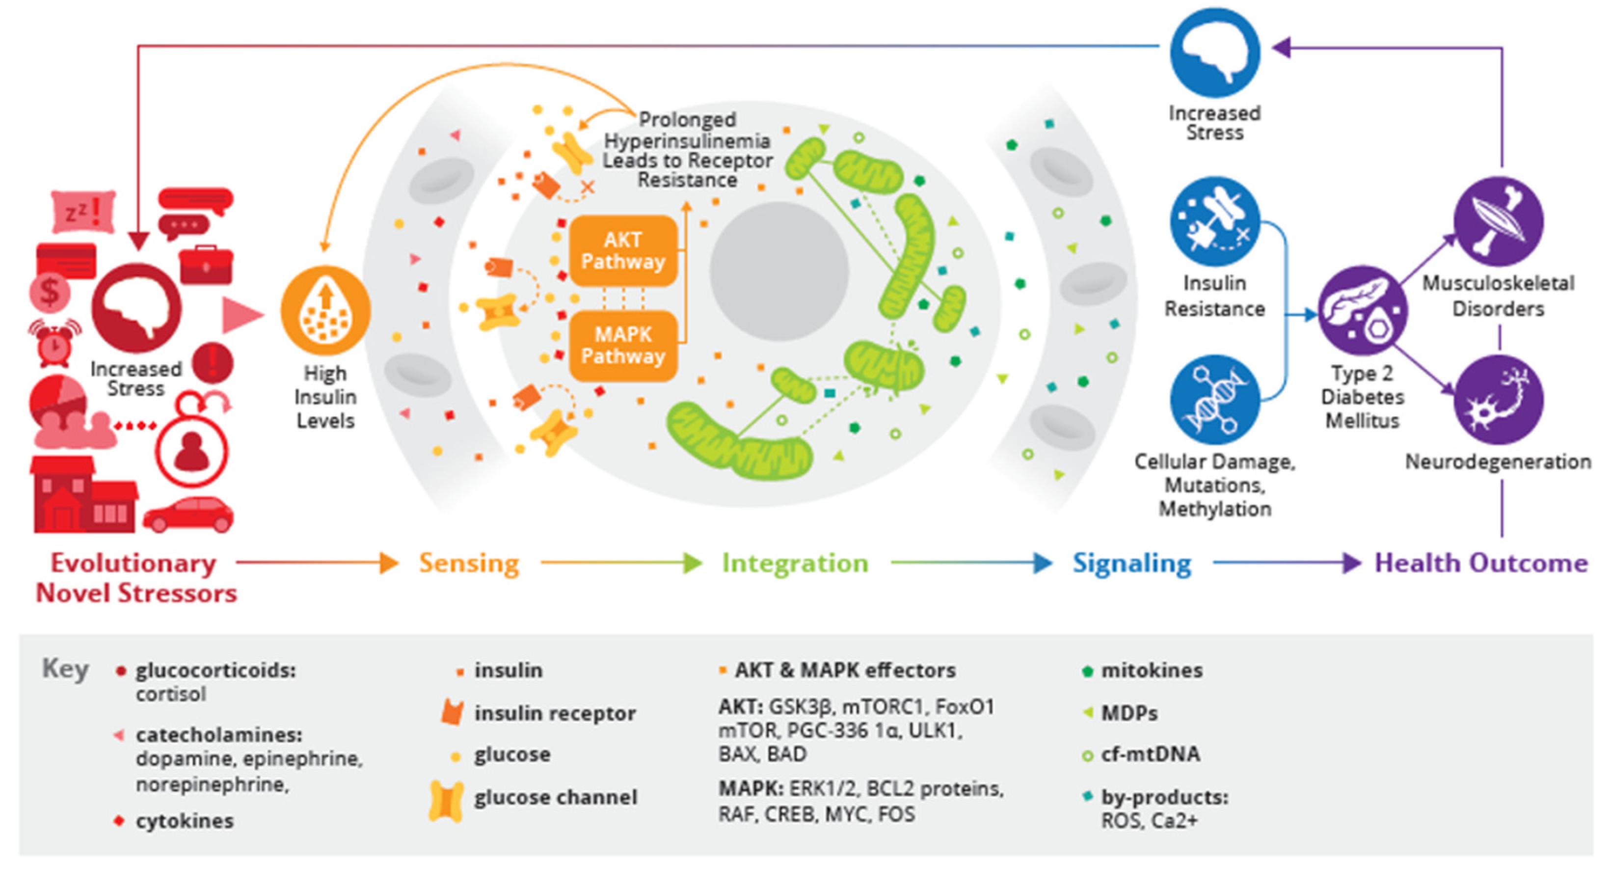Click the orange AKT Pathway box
[623, 250]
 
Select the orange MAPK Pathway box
[623, 345]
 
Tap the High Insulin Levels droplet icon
[325, 311]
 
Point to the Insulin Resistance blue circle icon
[1214, 221]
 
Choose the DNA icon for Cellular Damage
[1214, 400]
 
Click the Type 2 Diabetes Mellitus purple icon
[1363, 311]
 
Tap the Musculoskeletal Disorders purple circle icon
[1498, 221]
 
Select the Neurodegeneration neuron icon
[1498, 400]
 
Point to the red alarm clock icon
[55, 343]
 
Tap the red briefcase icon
[206, 265]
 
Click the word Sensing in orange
[469, 563]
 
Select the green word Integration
[795, 563]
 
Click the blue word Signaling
[1132, 563]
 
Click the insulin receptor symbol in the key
[453, 713]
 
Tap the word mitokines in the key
[1151, 670]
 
